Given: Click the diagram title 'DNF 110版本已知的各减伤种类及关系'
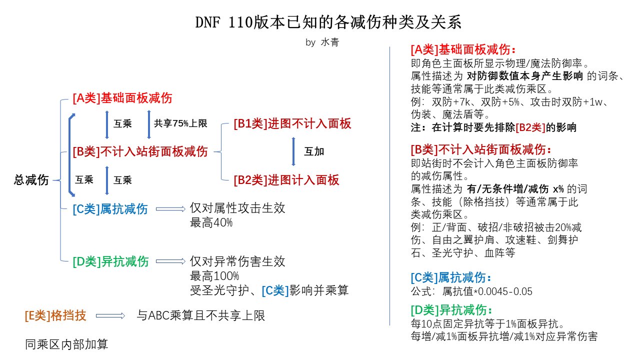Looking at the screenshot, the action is tap(328, 22).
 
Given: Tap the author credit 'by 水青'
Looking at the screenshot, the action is tap(322, 42).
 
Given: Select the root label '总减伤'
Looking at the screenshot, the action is tap(31, 180).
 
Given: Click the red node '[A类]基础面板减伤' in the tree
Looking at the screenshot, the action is tap(122, 98).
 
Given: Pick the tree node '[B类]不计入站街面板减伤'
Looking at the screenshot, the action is tap(140, 151).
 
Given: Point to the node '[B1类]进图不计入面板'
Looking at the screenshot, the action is tap(292, 123).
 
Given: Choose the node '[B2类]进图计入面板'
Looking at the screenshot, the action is tap(286, 180).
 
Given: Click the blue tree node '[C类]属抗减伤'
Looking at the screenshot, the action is tap(110, 209).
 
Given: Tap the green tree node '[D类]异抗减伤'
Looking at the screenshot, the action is tap(110, 261).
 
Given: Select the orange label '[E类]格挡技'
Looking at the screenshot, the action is tap(55, 315).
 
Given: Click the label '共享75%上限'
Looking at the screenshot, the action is tap(180, 123).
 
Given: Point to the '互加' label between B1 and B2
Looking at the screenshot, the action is tap(314, 151).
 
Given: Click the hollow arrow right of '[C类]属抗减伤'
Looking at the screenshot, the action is tap(170, 209).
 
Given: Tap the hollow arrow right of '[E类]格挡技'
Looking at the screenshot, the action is tap(110, 315).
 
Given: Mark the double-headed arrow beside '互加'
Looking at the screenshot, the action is tap(293, 151).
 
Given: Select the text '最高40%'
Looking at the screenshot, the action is tap(211, 222).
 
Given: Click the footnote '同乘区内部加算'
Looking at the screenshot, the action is tap(66, 344).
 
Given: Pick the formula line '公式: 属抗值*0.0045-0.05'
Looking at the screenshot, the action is tap(471, 291).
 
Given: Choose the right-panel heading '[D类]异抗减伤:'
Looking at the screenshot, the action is tap(451, 309).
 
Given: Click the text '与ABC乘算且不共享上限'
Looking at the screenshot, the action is tap(201, 315).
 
